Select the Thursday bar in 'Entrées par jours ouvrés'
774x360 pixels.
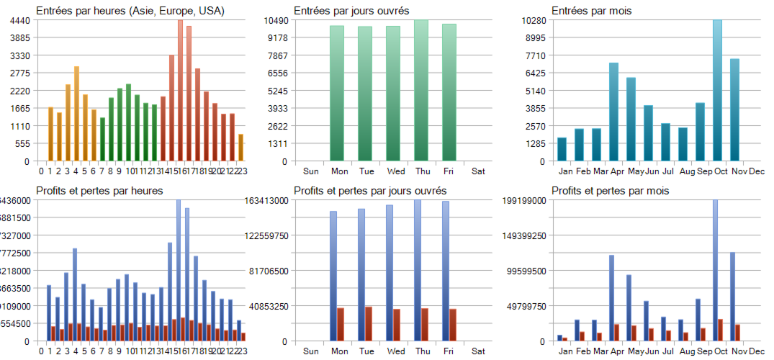tap(421, 90)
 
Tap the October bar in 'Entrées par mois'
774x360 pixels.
tap(717, 90)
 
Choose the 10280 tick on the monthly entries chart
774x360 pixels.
tap(533, 20)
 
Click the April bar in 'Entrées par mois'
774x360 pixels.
tap(613, 112)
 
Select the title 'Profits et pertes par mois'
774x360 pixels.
tap(610, 191)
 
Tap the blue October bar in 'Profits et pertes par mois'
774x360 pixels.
tap(715, 270)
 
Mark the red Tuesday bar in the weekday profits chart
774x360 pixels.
tap(369, 323)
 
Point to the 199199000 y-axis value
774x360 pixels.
tap(525, 200)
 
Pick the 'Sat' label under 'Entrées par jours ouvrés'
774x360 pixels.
tap(478, 171)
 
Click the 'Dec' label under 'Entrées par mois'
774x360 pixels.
tap(757, 171)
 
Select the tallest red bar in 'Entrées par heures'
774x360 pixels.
tap(180, 90)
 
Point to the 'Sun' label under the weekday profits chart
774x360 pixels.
tap(311, 351)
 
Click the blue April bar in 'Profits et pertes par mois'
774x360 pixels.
tap(611, 297)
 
